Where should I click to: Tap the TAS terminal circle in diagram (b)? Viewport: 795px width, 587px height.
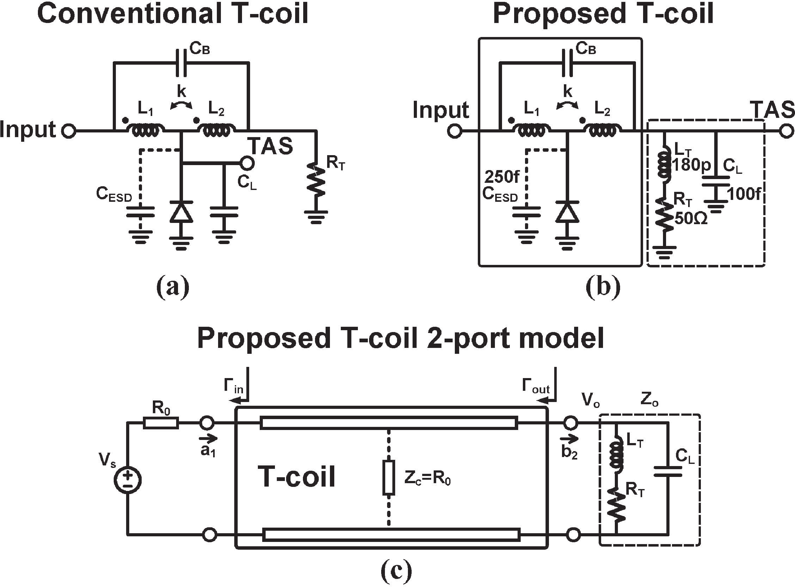click(x=787, y=132)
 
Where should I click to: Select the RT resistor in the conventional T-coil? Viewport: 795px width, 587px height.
click(x=315, y=179)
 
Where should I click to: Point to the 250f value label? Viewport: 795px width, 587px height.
click(x=502, y=177)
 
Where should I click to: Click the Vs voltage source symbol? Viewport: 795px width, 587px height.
click(x=127, y=480)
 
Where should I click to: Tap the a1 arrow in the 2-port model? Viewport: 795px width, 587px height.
click(x=208, y=438)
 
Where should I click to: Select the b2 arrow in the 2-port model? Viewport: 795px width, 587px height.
click(x=569, y=438)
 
